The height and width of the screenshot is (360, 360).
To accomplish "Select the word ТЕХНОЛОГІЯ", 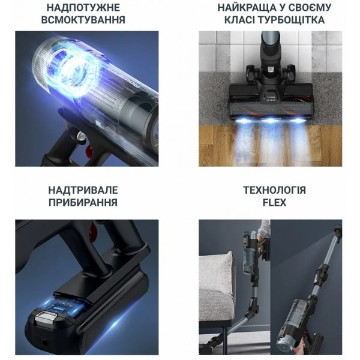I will coord(274,190).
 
